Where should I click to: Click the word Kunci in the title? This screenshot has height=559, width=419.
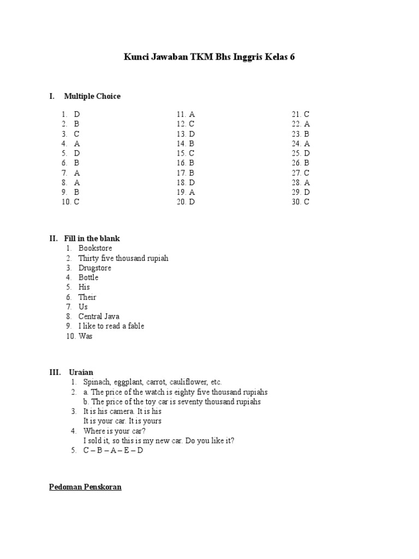pyautogui.click(x=137, y=57)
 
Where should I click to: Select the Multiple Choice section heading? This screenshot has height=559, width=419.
pyautogui.click(x=92, y=96)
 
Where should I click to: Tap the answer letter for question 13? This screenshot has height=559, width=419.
pyautogui.click(x=192, y=134)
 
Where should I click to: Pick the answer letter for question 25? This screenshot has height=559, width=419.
pyautogui.click(x=307, y=153)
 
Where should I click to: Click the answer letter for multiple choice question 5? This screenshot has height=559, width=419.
pyautogui.click(x=77, y=153)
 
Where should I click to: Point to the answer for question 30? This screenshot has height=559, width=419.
pyautogui.click(x=307, y=202)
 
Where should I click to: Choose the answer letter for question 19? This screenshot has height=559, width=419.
pyautogui.click(x=192, y=192)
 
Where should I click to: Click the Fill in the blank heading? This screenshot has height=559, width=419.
pyautogui.click(x=92, y=239)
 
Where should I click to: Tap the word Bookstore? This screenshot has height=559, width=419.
pyautogui.click(x=95, y=248)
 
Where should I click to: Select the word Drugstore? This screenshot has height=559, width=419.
pyautogui.click(x=95, y=268)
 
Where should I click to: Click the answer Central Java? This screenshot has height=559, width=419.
pyautogui.click(x=99, y=317)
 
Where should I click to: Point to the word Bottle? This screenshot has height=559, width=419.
pyautogui.click(x=88, y=277)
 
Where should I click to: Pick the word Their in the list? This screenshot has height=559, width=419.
pyautogui.click(x=87, y=297)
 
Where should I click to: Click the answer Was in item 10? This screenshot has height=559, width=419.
pyautogui.click(x=86, y=336)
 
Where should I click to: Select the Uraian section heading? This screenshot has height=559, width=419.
pyautogui.click(x=81, y=372)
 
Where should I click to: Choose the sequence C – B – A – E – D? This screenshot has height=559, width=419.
pyautogui.click(x=113, y=451)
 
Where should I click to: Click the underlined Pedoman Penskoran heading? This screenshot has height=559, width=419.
pyautogui.click(x=86, y=487)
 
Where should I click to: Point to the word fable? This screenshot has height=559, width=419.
pyautogui.click(x=135, y=326)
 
